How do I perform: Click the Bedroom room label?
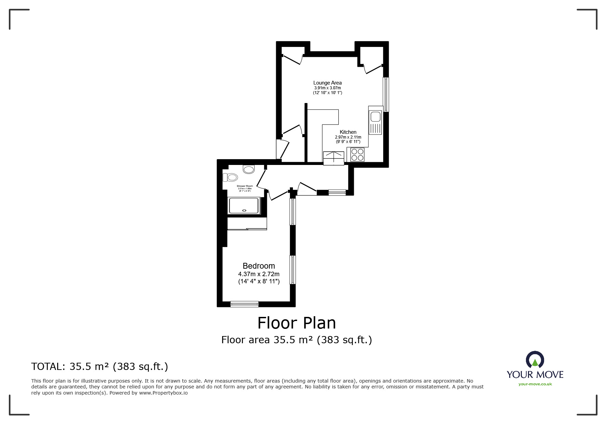[x=259, y=266]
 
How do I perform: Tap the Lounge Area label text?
[x=327, y=82]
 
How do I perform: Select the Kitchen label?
[x=348, y=132]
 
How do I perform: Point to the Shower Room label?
[x=245, y=186]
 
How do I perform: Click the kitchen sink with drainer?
[x=375, y=122]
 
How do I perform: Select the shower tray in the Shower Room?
[x=244, y=205]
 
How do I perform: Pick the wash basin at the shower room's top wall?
[x=249, y=169]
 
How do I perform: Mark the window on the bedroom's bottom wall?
[x=244, y=304]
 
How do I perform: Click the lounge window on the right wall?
[x=386, y=94]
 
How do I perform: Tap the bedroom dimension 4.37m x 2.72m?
[x=259, y=274]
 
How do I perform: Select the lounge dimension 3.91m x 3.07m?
[x=327, y=88]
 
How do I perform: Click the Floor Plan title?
[x=296, y=323]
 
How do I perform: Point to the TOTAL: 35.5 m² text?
[x=99, y=367]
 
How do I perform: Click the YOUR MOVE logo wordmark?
[x=535, y=374]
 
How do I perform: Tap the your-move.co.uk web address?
[x=535, y=384]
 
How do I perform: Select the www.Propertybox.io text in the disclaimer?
[x=163, y=393]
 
